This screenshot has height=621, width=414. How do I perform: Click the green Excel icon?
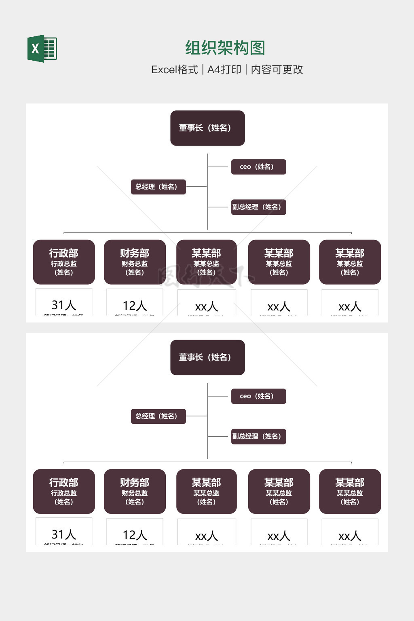[x=42, y=49]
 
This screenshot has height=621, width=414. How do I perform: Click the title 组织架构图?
[x=225, y=48]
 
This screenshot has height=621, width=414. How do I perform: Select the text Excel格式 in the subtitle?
[x=174, y=70]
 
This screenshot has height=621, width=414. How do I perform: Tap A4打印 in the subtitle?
[x=224, y=70]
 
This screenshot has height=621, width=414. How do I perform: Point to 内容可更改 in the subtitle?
[x=277, y=70]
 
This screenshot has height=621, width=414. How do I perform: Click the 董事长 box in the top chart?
[x=207, y=128]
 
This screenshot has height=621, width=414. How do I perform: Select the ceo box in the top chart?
[x=258, y=167]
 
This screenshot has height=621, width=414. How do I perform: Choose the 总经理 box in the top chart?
[x=158, y=187]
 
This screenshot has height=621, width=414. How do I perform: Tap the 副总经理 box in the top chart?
[x=258, y=207]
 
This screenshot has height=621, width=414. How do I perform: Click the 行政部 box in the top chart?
[x=64, y=262]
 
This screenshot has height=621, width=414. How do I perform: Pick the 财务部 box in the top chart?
[x=135, y=262]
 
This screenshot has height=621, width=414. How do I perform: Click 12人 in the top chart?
[x=135, y=305]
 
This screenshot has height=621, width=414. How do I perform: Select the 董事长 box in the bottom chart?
[x=207, y=357]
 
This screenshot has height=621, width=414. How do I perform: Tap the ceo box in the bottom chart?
[x=258, y=396]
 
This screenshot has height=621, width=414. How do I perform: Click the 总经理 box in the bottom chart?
[x=158, y=416]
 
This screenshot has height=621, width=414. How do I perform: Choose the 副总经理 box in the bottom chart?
[x=258, y=436]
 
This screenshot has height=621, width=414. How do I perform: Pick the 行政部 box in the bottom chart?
[x=64, y=491]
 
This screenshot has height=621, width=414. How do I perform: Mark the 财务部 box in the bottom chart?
[x=135, y=491]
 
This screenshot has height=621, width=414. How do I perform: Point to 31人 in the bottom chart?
[x=64, y=534]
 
